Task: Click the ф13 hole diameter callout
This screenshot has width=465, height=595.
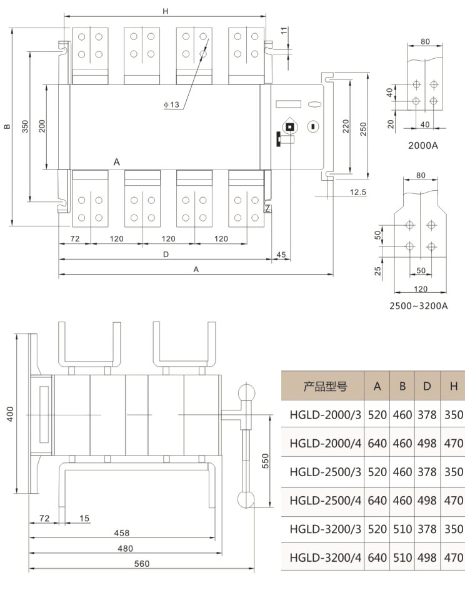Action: coord(172,105)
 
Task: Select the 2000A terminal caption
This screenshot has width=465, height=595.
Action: coord(424,146)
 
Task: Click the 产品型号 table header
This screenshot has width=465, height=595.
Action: coord(325,386)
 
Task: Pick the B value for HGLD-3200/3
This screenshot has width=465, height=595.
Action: coord(402,529)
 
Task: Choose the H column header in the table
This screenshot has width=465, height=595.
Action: coord(453,386)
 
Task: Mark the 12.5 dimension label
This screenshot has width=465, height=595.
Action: coord(357,191)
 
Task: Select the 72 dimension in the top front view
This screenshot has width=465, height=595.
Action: coord(74,238)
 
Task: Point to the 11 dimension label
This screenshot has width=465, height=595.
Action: coord(284,31)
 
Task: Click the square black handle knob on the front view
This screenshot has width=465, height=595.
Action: coord(290,127)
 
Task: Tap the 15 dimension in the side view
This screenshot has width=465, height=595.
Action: coord(86,518)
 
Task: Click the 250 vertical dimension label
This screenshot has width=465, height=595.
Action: coord(363,128)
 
